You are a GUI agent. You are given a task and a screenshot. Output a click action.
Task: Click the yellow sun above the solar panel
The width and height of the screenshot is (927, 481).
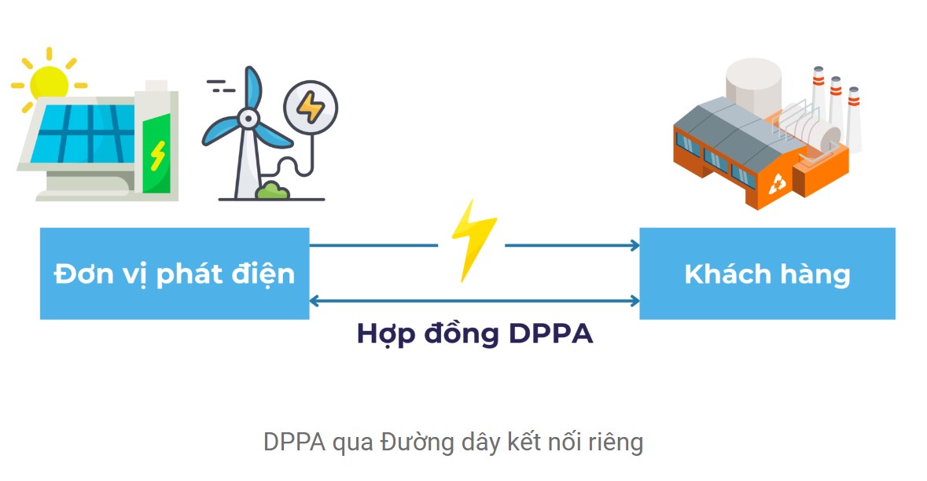[49, 82]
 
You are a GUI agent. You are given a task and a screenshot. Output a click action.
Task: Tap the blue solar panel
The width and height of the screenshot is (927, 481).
[83, 134]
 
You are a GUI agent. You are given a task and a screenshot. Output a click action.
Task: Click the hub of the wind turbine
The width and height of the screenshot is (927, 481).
[248, 118]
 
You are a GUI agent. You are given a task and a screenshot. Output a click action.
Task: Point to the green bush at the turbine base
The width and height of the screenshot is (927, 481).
[272, 191]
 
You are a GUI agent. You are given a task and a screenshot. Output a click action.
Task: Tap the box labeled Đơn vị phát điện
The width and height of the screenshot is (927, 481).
[175, 274]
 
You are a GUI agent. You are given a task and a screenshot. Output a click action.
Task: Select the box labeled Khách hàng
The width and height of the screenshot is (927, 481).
[767, 274]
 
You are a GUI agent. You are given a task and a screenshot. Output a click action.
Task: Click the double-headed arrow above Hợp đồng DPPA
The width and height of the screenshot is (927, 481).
[474, 301]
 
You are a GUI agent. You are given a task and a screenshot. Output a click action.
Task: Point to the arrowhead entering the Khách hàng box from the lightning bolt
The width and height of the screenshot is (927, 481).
[635, 245]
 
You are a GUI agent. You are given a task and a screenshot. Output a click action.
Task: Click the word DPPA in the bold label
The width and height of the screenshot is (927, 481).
[550, 334]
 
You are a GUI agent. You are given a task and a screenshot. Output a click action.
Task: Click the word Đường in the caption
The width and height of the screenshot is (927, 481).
[418, 442]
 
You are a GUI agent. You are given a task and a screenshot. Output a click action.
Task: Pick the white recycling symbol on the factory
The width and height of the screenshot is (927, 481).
[777, 184]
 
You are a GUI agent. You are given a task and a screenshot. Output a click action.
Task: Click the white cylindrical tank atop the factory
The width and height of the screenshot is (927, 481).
[753, 89]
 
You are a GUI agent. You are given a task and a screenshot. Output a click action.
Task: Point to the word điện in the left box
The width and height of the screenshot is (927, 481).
[263, 274]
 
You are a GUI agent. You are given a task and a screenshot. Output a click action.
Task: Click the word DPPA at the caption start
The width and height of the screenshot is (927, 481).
[294, 442]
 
